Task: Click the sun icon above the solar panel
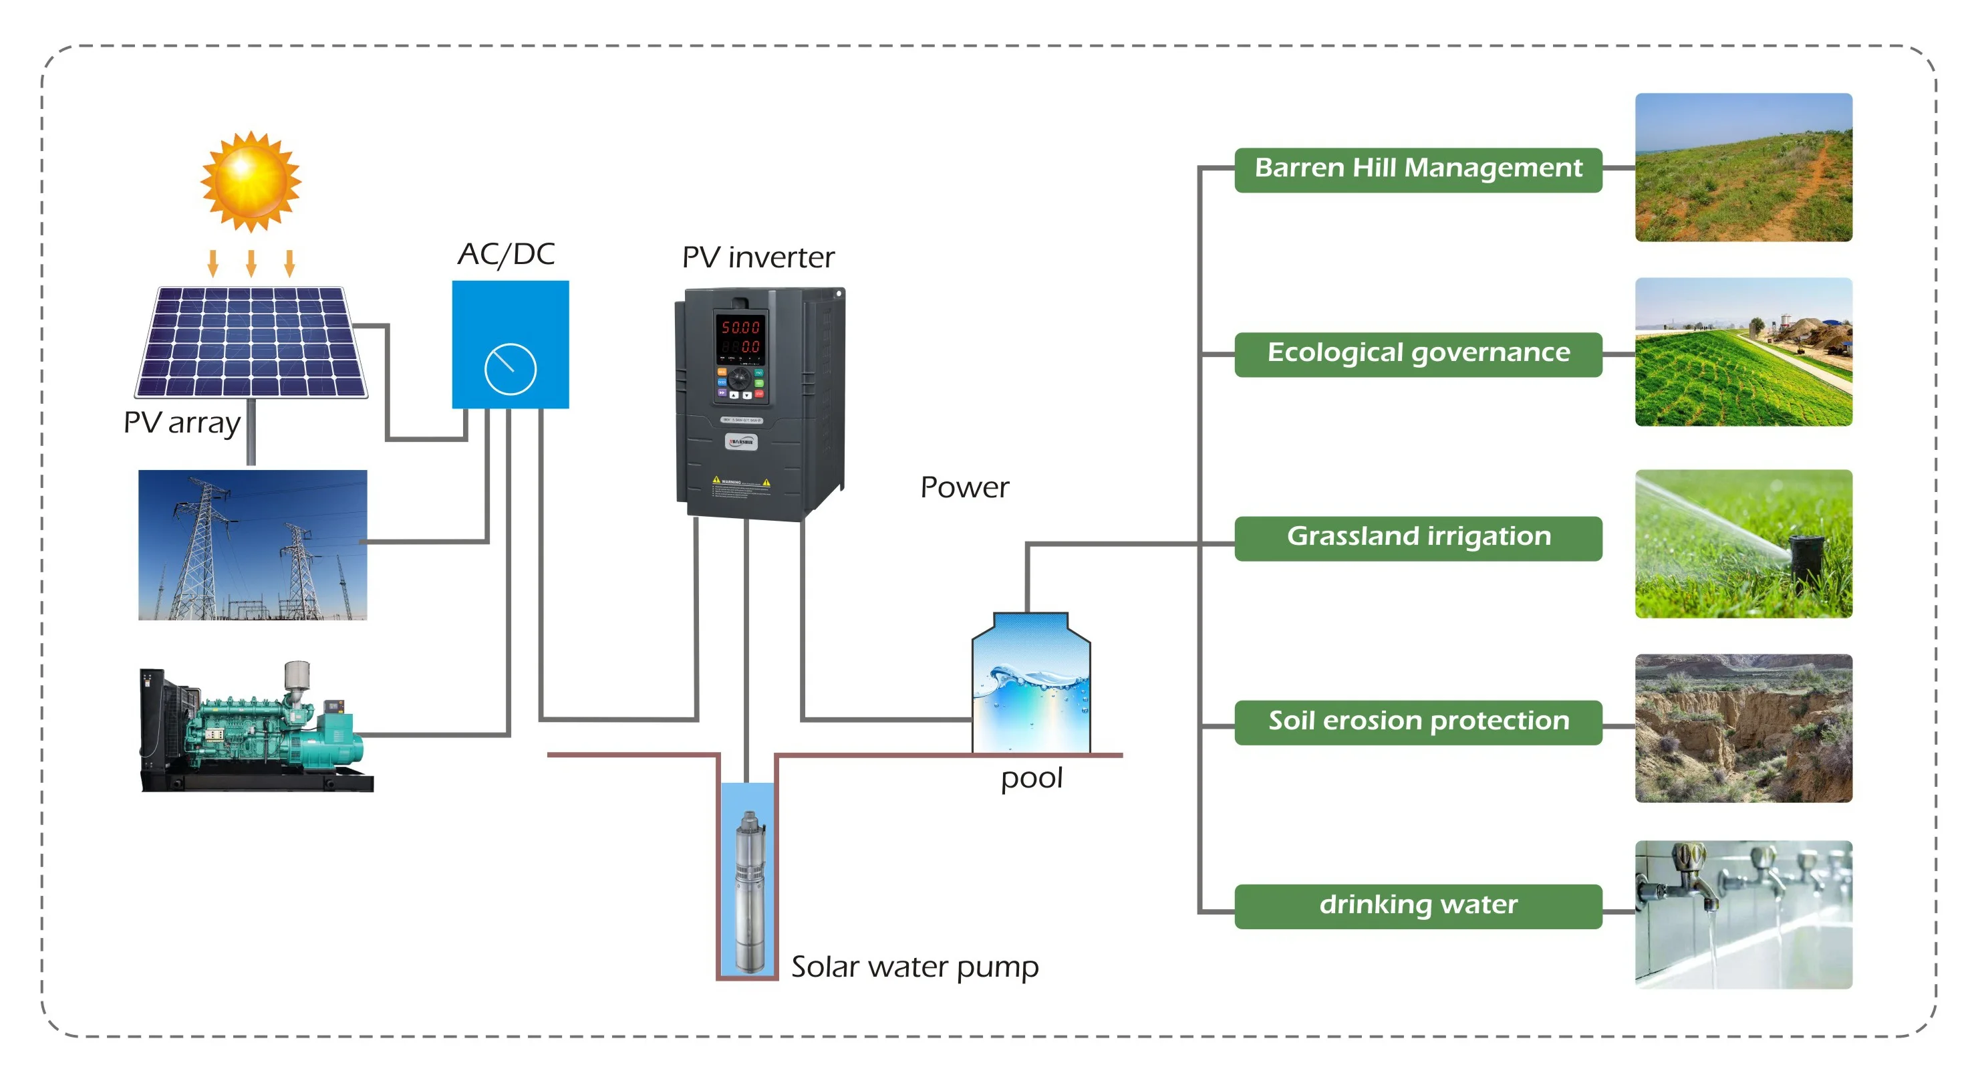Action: pos(251,181)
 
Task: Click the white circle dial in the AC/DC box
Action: pos(510,369)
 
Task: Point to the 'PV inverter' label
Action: pos(758,257)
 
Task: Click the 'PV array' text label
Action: pos(182,423)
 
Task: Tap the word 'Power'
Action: pos(964,487)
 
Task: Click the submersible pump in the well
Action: pos(748,890)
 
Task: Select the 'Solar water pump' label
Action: pos(914,967)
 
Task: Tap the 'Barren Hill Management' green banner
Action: pos(1418,168)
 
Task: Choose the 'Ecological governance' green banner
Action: pos(1418,354)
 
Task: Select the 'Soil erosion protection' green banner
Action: pos(1418,722)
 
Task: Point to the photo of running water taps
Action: pos(1743,915)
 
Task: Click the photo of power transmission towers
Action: pos(253,545)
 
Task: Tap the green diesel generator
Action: pos(254,728)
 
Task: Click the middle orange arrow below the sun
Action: pos(251,263)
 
